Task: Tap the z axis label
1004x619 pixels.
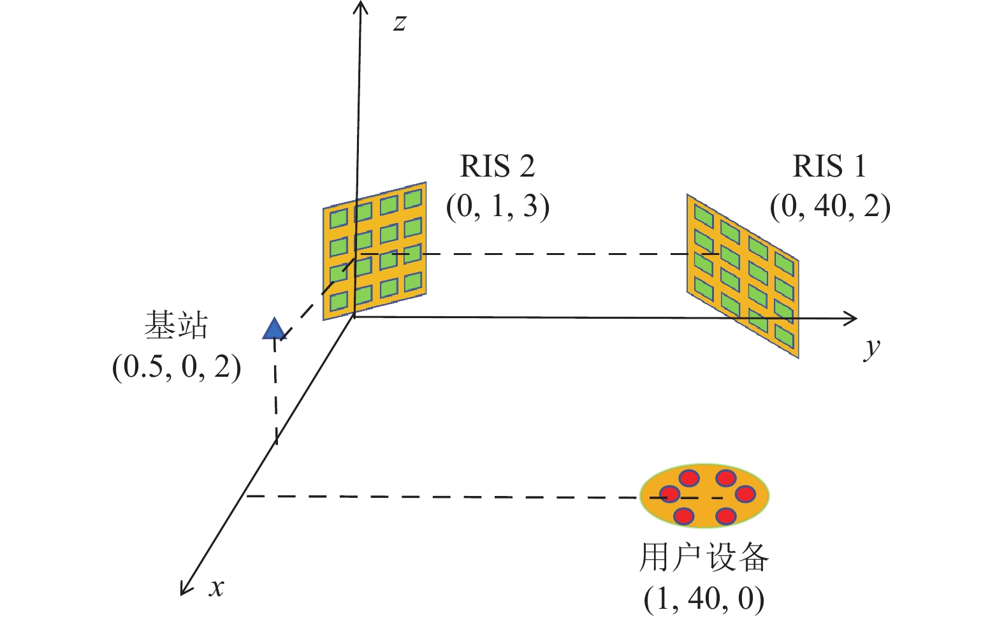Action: (x=400, y=23)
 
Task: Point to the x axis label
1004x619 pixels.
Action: (x=217, y=586)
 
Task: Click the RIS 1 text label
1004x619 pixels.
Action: (x=829, y=166)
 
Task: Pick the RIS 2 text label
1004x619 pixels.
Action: (x=497, y=166)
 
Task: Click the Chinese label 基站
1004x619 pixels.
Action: (x=176, y=326)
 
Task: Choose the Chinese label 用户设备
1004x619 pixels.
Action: (x=704, y=557)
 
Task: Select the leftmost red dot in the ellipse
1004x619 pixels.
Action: (x=669, y=494)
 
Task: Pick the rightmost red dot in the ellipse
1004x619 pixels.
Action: (x=745, y=493)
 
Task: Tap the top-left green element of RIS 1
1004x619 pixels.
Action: (x=703, y=215)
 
